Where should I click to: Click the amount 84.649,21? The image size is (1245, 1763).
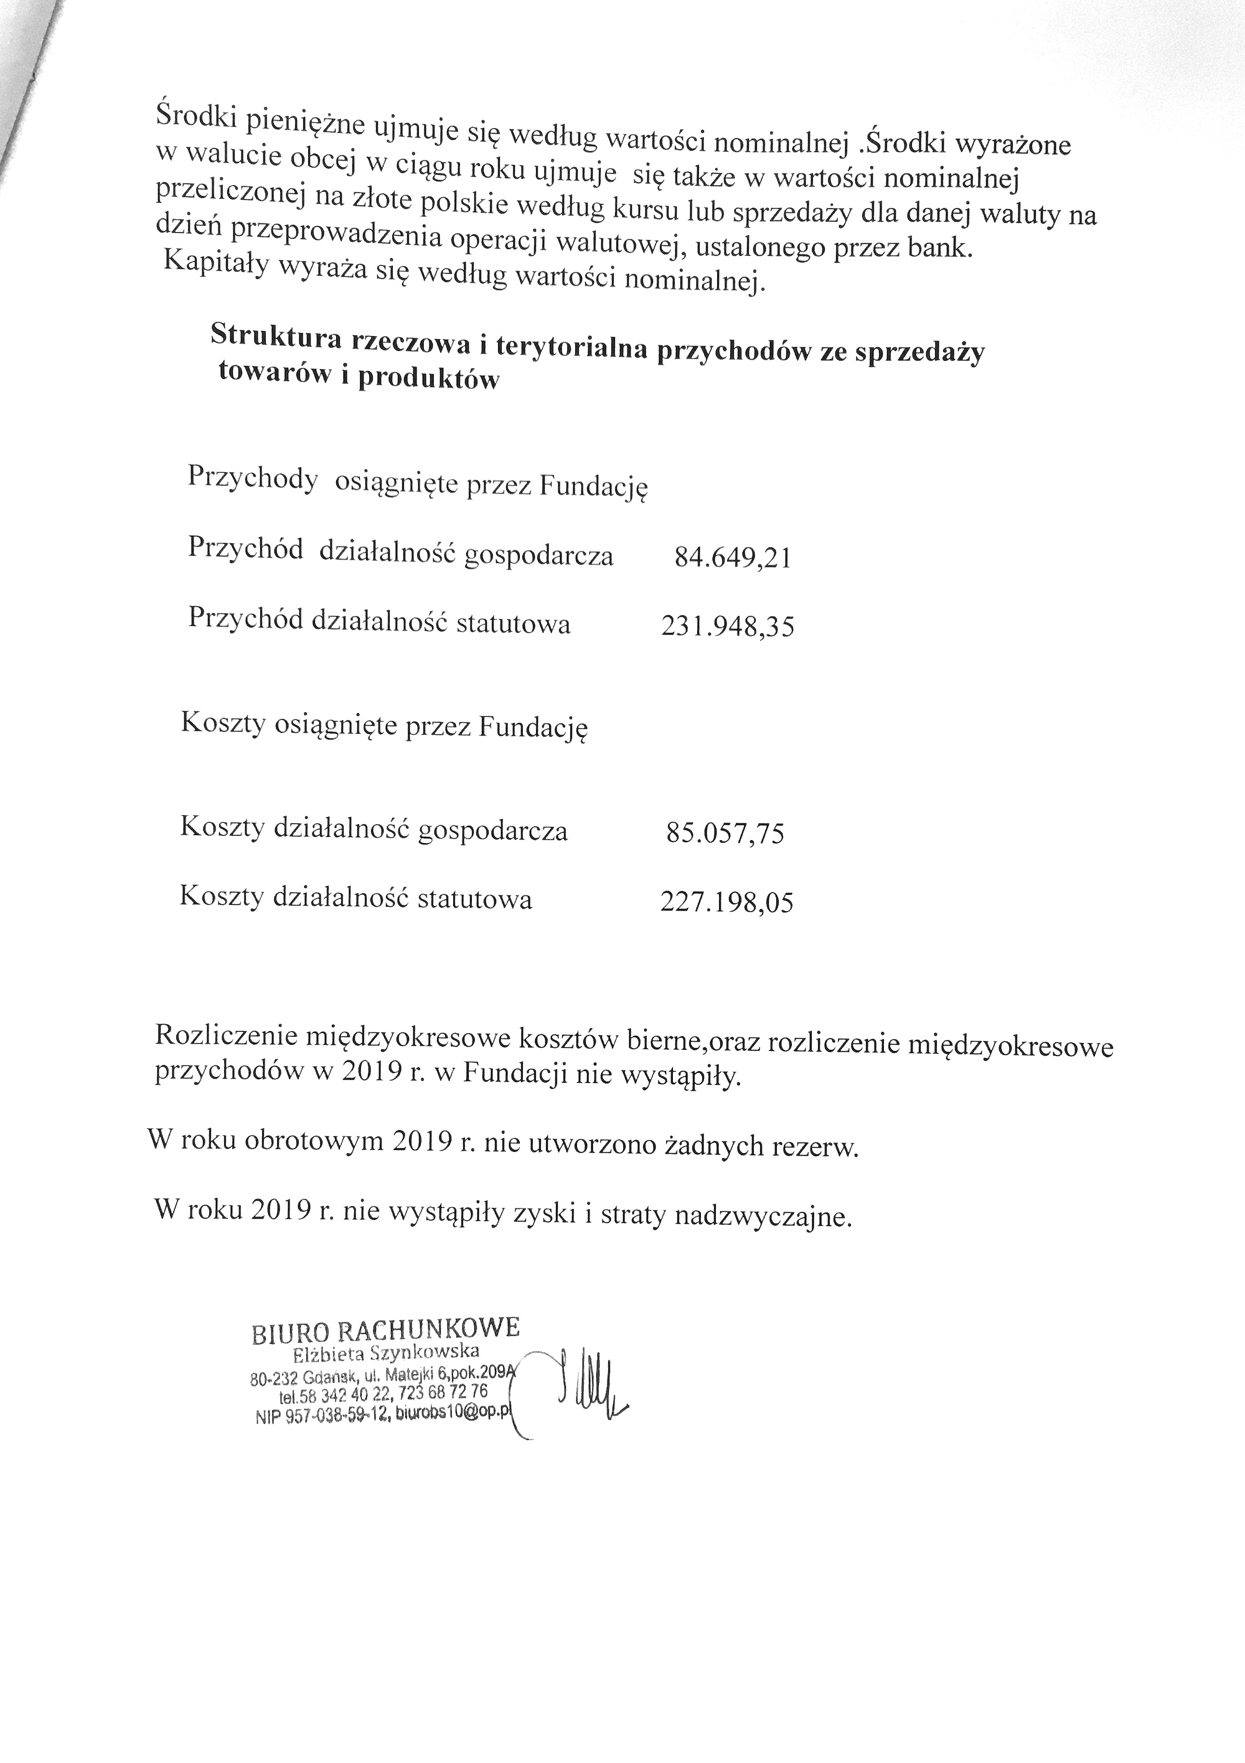tap(732, 558)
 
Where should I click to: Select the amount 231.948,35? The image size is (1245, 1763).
tap(726, 627)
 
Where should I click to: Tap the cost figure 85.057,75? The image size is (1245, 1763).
tap(725, 833)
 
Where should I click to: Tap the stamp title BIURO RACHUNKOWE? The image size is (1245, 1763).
tap(385, 1329)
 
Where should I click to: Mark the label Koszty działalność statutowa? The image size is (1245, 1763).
tap(355, 897)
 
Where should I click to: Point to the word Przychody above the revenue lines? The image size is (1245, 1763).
tap(253, 479)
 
